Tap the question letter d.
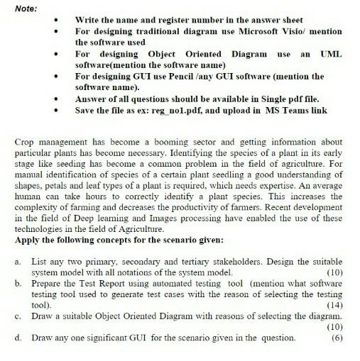click(17, 338)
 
